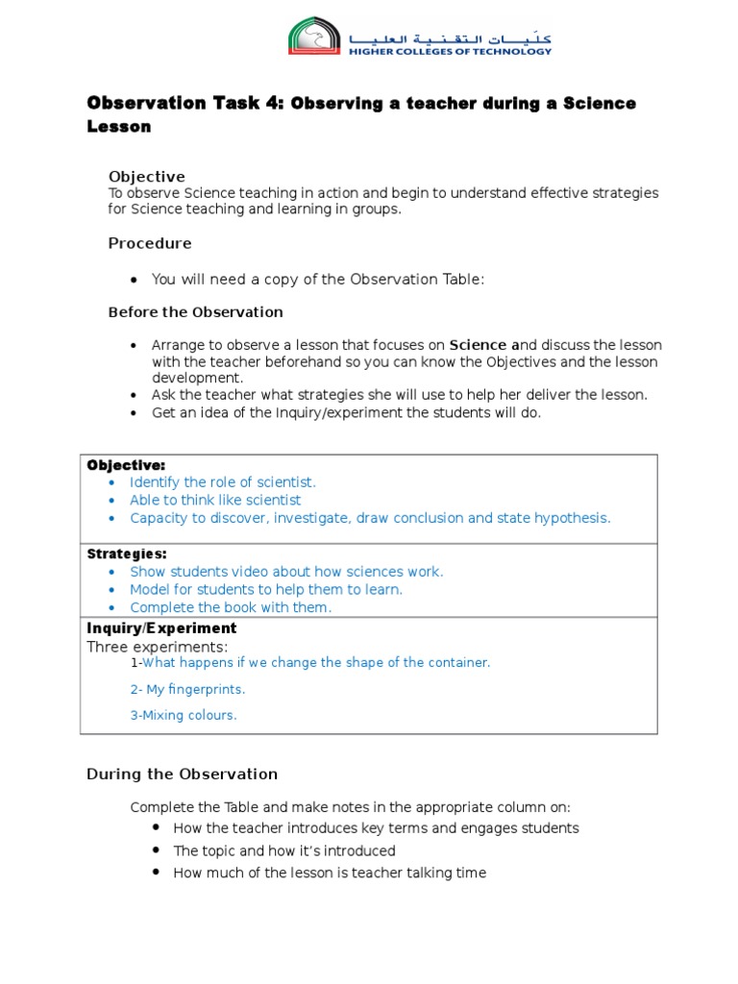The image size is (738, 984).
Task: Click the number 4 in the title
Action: coord(269,104)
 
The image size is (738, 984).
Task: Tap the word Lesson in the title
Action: coord(119,126)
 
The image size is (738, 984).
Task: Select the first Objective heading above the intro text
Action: coord(146,177)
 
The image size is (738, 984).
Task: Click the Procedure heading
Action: coord(150,243)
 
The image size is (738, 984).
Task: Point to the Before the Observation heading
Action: coord(195,312)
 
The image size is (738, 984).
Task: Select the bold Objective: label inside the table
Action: coord(126,465)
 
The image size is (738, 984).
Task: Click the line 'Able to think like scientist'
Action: coord(215,500)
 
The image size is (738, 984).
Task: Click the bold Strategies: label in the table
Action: coord(127,553)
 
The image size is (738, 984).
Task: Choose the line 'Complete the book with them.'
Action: coord(231,607)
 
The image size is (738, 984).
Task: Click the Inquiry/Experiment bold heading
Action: coord(161,628)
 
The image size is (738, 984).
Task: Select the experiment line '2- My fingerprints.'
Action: coord(187,689)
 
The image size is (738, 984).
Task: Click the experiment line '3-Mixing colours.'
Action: coord(183,715)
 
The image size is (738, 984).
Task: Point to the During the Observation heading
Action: coord(182,774)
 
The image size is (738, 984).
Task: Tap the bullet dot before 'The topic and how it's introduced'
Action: coord(157,850)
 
